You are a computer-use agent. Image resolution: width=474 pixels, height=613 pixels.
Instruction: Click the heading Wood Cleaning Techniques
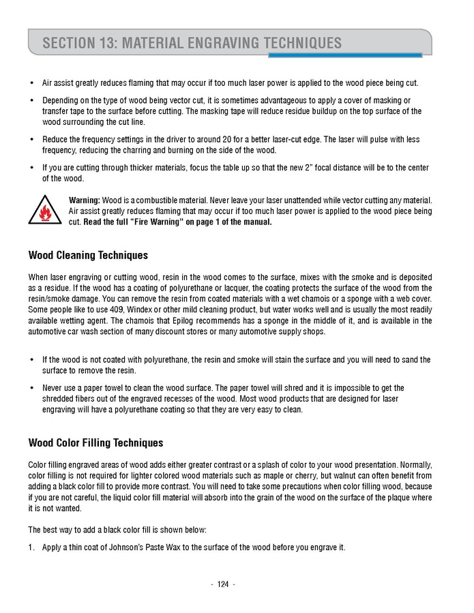click(x=88, y=256)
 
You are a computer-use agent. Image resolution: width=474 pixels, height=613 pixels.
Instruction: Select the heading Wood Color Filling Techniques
click(x=95, y=443)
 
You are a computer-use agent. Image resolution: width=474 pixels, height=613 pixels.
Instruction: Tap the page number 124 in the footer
click(x=223, y=584)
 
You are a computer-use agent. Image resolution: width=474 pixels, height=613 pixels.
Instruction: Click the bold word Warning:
click(x=85, y=199)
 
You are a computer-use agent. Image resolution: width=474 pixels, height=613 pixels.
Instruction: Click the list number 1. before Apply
click(x=31, y=547)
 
